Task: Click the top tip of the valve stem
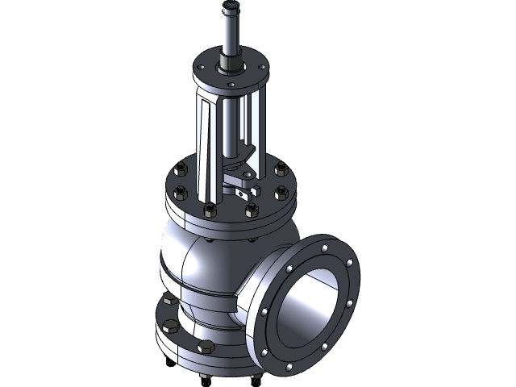click(231, 6)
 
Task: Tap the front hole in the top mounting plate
click(231, 84)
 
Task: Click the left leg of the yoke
click(205, 145)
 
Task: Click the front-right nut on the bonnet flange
click(252, 209)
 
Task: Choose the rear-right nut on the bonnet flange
click(281, 170)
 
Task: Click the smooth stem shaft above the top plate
click(230, 32)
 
